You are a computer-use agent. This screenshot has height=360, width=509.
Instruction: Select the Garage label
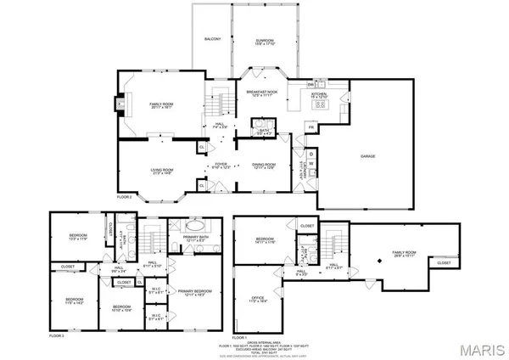(x=367, y=156)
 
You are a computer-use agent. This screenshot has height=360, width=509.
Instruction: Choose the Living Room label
(x=162, y=172)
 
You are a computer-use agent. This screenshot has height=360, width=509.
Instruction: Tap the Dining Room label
(x=264, y=165)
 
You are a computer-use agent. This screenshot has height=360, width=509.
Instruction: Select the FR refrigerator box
(x=311, y=127)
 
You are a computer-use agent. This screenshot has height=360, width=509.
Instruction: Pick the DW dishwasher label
(x=311, y=85)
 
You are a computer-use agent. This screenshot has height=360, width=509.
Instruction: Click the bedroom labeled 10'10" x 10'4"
(x=121, y=307)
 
